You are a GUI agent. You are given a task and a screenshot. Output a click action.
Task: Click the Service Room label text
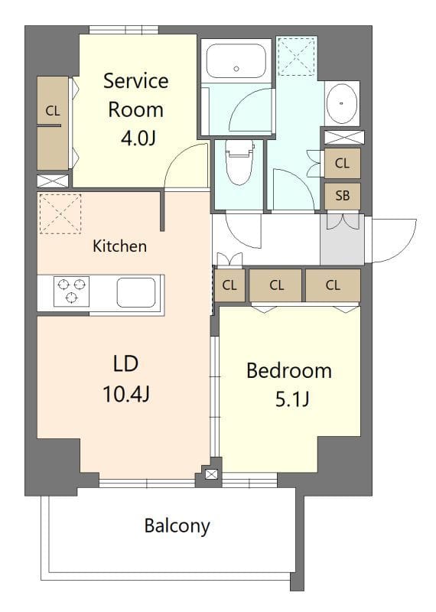(x=135, y=94)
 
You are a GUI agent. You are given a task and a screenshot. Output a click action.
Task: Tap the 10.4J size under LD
(x=125, y=394)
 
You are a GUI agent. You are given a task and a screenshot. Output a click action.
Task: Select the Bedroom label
(x=288, y=371)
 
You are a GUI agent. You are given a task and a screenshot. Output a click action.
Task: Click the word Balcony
(x=177, y=526)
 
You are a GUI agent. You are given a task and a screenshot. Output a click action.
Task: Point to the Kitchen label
(x=119, y=246)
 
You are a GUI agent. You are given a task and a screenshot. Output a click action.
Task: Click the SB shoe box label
(x=342, y=196)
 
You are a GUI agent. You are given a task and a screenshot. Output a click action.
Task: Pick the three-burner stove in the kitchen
(x=71, y=291)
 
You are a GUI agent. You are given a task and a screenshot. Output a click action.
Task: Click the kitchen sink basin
(x=136, y=292)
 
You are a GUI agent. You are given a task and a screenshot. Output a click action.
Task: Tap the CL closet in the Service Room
(x=52, y=122)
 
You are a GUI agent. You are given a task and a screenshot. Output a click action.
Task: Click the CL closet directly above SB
(x=342, y=163)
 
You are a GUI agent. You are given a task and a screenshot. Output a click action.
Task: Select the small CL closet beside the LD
(x=229, y=285)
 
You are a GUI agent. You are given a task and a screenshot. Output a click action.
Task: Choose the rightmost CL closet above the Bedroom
(x=333, y=285)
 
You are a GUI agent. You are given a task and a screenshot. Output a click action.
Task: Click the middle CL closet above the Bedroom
(x=277, y=285)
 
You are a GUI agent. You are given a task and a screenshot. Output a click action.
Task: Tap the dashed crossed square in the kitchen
(x=60, y=213)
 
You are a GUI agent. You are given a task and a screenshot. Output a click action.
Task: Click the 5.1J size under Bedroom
(x=291, y=399)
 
